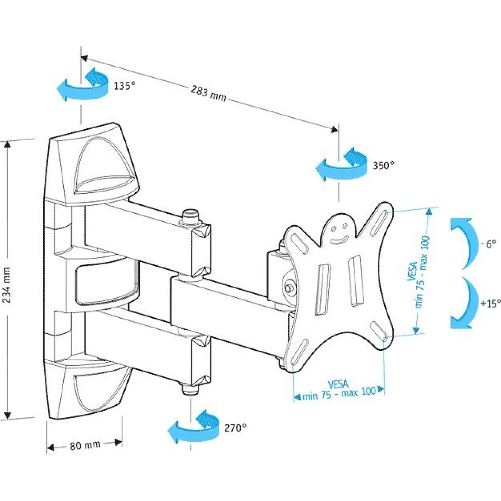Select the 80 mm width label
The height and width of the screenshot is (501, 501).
(85, 446)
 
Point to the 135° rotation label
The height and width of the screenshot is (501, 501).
(125, 85)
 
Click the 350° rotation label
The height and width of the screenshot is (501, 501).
(383, 165)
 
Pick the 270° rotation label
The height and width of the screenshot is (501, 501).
(235, 428)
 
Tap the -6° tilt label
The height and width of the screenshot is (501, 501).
(488, 244)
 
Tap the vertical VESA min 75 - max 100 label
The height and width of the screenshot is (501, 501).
(418, 272)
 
